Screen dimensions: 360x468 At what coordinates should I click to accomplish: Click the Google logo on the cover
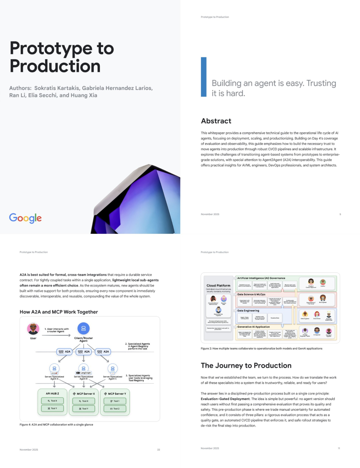pos(25,218)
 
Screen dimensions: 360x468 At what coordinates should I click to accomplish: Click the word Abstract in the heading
pos(216,121)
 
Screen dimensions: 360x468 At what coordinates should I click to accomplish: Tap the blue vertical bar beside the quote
pos(204,77)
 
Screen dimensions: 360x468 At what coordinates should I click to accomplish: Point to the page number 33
pos(158,450)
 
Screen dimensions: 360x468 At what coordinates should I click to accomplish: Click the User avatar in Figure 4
pos(33,329)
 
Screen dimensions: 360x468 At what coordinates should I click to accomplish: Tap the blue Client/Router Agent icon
pos(83,328)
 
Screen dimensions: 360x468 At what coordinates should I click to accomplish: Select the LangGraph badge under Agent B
pos(83,373)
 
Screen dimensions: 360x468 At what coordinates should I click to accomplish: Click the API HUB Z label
pos(52,393)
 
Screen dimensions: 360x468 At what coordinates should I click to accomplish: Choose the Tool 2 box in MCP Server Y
pos(115,409)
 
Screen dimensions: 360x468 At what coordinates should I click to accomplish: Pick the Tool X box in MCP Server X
pos(84,401)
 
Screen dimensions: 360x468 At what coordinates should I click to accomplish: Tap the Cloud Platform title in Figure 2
pos(218,285)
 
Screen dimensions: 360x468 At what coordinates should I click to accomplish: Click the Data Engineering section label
pos(248,310)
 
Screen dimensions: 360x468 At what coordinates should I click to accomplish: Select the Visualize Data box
pos(275,318)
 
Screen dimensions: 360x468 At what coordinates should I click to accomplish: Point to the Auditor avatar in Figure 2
pos(323,282)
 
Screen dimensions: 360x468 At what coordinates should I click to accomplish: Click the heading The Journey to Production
pos(246,365)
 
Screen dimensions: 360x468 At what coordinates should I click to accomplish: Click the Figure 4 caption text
pos(56,425)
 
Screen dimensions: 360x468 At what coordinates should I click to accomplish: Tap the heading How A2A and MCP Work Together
pos(59,312)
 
